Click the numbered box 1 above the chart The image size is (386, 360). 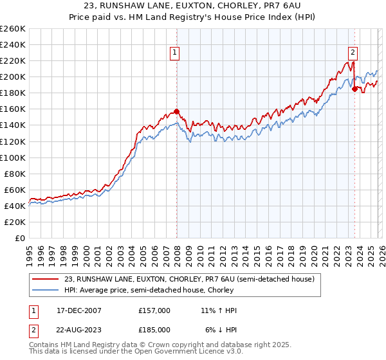[x=175, y=53]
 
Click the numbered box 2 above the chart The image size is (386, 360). [x=353, y=53]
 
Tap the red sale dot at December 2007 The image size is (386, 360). [x=176, y=111]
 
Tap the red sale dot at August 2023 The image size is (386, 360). [x=354, y=89]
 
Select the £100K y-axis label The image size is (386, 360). [x=13, y=157]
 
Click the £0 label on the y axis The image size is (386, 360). [x=21, y=238]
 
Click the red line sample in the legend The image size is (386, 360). [x=45, y=279]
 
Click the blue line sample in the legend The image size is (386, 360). [x=45, y=290]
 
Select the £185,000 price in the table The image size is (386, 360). [x=154, y=329]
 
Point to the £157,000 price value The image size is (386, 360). [x=154, y=310]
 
